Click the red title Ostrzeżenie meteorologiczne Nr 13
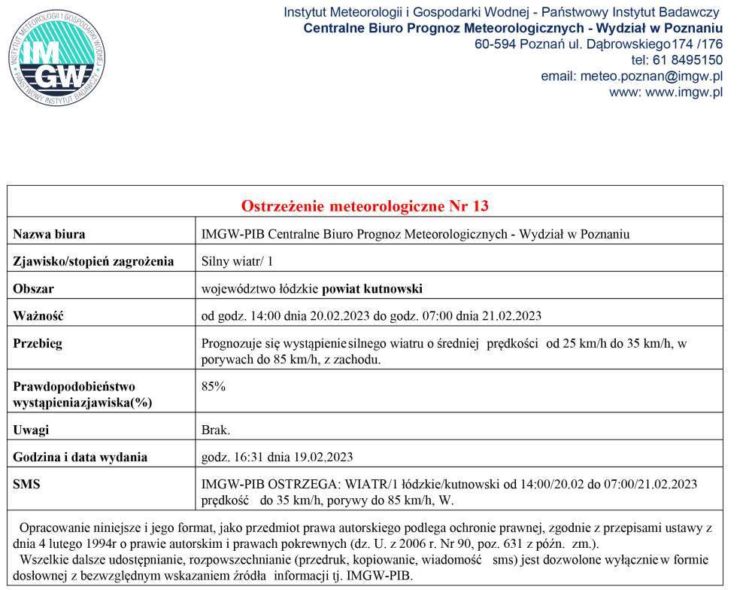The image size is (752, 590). coord(365,206)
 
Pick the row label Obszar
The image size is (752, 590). coord(34,289)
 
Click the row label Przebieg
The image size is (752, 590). coord(38,343)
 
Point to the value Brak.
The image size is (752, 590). coord(216,430)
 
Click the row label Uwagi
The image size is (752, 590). coord(31,430)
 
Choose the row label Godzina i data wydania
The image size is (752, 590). coord(80,457)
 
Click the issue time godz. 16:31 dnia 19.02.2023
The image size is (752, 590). coord(277,457)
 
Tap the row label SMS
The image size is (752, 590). coord(26,484)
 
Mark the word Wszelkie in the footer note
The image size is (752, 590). coord(46,561)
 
